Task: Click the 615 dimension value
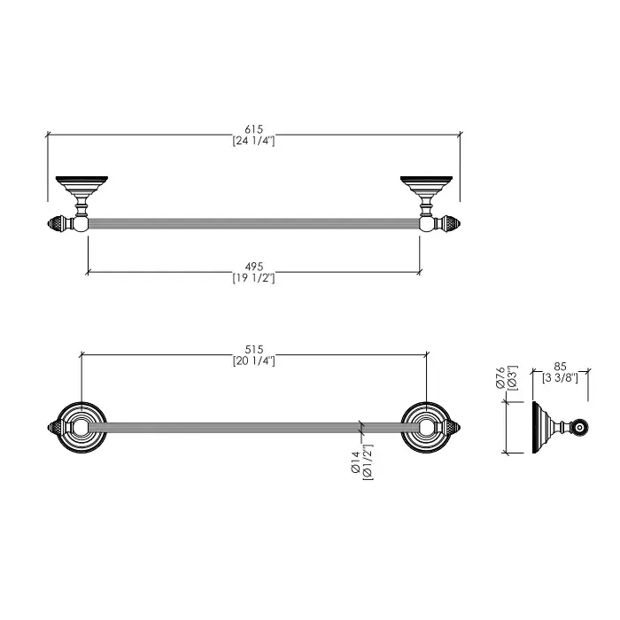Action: (x=253, y=129)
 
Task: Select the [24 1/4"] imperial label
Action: (x=253, y=141)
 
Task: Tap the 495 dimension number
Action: (x=253, y=267)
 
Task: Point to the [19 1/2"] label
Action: (x=253, y=278)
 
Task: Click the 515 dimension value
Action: (x=253, y=350)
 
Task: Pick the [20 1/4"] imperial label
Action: (x=253, y=361)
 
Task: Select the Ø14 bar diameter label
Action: (x=354, y=462)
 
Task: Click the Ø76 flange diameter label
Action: (x=500, y=377)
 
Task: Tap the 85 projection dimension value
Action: (x=560, y=367)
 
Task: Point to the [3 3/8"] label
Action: (x=560, y=378)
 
